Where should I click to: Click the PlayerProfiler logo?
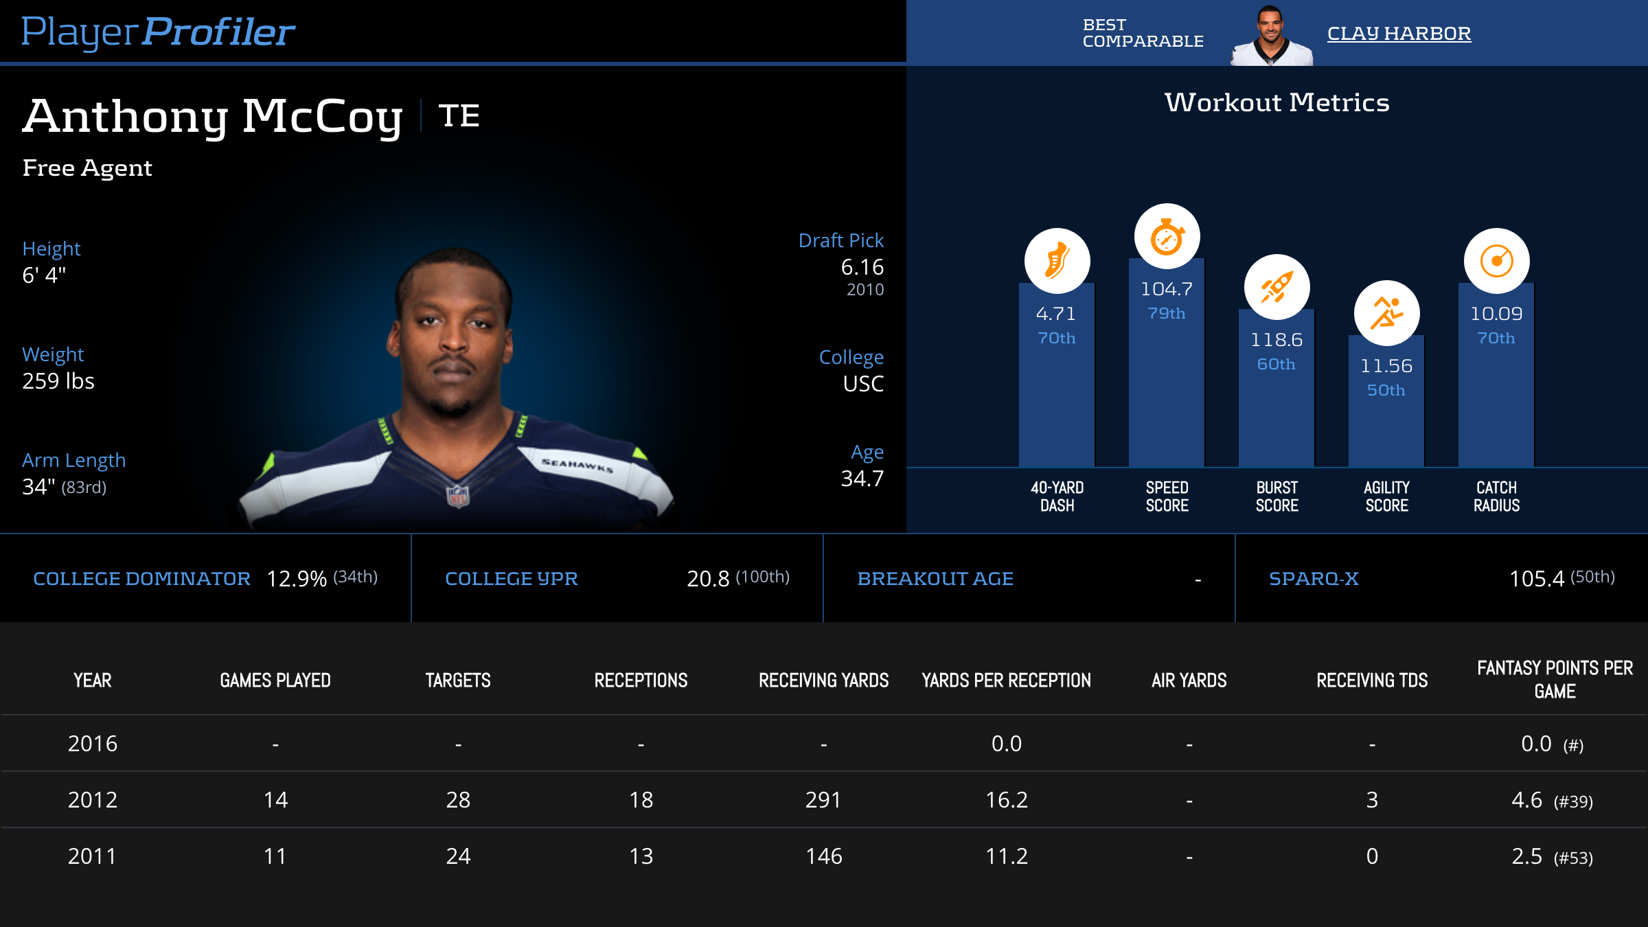coord(158,32)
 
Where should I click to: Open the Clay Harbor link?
coord(1399,33)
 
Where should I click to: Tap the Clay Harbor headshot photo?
coord(1271,36)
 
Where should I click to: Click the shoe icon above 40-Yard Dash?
coord(1057,261)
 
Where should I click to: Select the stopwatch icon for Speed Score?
coord(1167,237)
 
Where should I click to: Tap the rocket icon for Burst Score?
coord(1277,287)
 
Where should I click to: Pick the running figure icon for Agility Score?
coord(1386,313)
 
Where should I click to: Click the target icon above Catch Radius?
coord(1496,261)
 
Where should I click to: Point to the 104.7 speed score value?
coord(1167,289)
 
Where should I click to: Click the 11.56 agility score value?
coord(1386,366)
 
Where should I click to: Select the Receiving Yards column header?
coord(823,680)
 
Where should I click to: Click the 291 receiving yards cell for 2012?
coord(823,800)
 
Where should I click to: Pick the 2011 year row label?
coord(92,856)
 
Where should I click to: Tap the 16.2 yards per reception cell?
coord(1006,800)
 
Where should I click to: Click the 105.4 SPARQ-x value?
coord(1536,579)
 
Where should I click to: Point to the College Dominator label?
coord(141,579)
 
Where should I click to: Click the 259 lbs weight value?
coord(58,381)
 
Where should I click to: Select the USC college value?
coord(863,384)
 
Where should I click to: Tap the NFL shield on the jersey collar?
coord(458,495)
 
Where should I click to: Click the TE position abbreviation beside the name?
coord(459,115)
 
